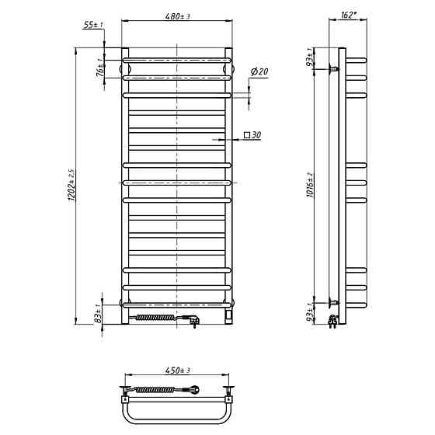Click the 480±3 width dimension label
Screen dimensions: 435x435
click(x=178, y=16)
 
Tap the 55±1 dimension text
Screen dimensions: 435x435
click(x=93, y=25)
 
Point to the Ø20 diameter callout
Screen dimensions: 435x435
click(x=259, y=71)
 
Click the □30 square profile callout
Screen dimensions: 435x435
click(x=252, y=135)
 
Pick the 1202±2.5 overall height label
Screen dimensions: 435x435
click(x=71, y=185)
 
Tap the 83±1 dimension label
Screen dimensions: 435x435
click(x=98, y=314)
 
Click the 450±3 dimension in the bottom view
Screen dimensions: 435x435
click(x=178, y=371)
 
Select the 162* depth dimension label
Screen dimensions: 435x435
click(x=349, y=15)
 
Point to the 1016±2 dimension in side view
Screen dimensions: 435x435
click(x=310, y=185)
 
